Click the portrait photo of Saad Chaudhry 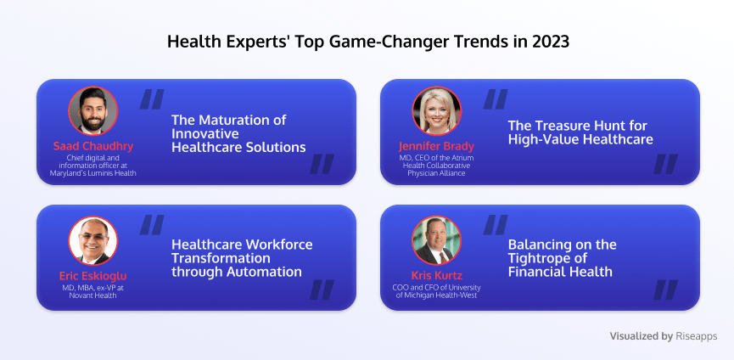click(x=93, y=111)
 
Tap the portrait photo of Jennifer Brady click(x=437, y=111)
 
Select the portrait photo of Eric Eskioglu click(x=93, y=240)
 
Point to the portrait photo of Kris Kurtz click(x=437, y=240)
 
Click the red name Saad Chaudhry click(x=93, y=146)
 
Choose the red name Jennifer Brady click(x=437, y=146)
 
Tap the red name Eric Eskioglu click(x=93, y=276)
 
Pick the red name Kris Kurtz click(x=437, y=276)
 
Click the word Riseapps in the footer click(x=697, y=336)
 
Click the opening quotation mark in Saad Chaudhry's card click(x=152, y=99)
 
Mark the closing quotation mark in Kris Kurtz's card click(x=665, y=290)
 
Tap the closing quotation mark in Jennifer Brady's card click(x=665, y=164)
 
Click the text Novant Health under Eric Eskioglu click(x=93, y=295)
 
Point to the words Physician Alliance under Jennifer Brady click(x=436, y=173)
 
